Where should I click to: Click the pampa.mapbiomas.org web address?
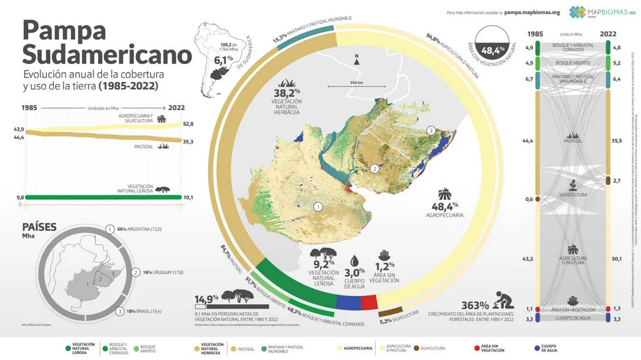tap(532, 12)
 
